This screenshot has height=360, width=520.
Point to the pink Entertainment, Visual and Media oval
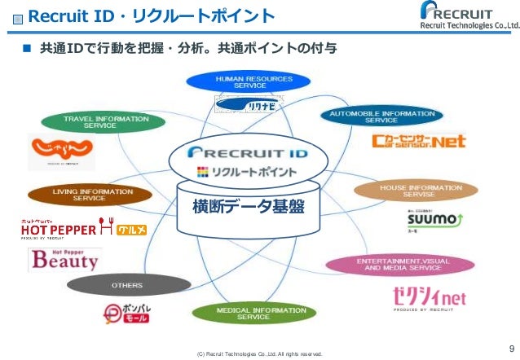click(399, 264)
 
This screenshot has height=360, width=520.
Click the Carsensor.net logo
click(418, 142)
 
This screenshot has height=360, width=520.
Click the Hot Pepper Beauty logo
click(64, 258)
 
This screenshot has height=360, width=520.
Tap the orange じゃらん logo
click(62, 150)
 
